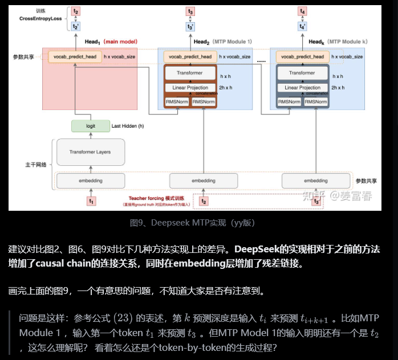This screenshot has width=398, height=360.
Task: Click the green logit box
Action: click(90, 125)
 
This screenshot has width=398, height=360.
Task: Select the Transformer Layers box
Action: click(90, 152)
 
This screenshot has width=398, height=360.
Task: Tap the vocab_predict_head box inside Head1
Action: click(75, 57)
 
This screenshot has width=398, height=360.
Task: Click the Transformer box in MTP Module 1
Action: click(190, 73)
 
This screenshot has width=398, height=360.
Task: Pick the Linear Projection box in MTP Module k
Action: click(302, 88)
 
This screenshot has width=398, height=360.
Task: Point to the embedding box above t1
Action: click(90, 181)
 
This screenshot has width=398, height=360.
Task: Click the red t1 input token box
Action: click(91, 200)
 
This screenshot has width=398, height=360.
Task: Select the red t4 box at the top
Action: click(302, 11)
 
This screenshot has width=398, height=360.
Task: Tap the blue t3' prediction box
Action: click(190, 26)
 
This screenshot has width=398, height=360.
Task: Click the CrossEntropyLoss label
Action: click(40, 19)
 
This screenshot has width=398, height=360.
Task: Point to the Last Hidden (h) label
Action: click(128, 125)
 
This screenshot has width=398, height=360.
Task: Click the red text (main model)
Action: click(120, 42)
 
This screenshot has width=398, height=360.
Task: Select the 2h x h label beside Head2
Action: click(226, 88)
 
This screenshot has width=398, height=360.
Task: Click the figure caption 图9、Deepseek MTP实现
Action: click(198, 222)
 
